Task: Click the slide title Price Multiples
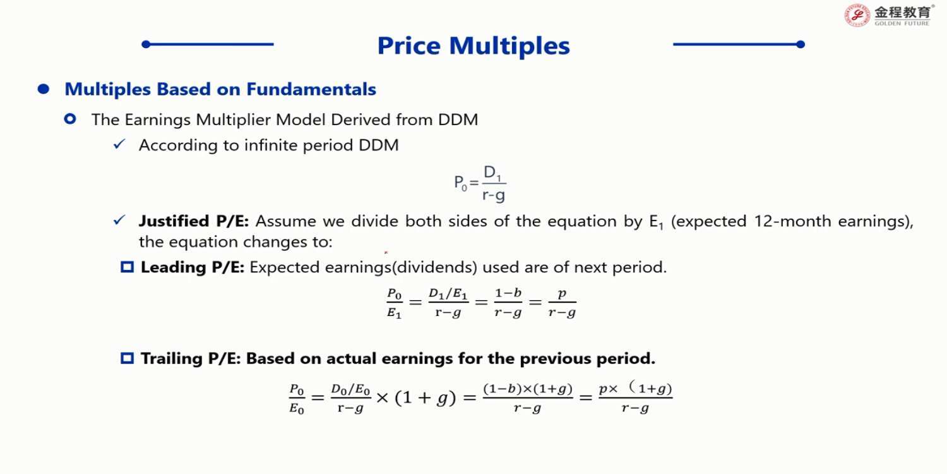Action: click(473, 46)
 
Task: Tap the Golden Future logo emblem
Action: click(857, 15)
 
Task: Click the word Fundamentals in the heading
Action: click(311, 89)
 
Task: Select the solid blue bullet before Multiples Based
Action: click(44, 89)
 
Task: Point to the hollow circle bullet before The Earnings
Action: click(70, 119)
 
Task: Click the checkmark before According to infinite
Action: click(119, 144)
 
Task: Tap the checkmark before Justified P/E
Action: click(119, 220)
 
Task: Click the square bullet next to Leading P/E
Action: click(128, 267)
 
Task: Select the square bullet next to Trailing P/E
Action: click(128, 358)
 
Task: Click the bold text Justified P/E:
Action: click(194, 221)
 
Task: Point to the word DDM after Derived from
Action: click(458, 120)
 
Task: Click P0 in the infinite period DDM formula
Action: click(460, 183)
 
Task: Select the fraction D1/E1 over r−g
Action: click(448, 302)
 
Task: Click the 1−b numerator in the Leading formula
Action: click(508, 293)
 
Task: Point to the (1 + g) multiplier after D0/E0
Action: click(426, 398)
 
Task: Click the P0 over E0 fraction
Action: click(297, 399)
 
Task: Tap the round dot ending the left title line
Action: click(146, 44)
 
